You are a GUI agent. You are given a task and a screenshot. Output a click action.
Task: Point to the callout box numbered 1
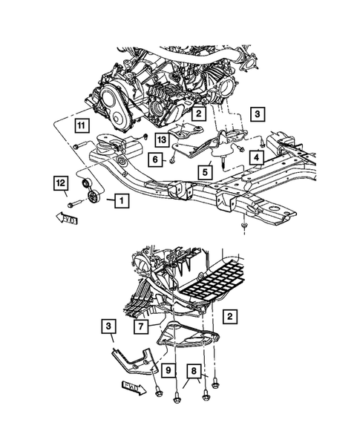click(120, 200)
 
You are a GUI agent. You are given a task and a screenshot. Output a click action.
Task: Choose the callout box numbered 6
click(156, 159)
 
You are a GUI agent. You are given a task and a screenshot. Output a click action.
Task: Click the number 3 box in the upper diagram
click(256, 114)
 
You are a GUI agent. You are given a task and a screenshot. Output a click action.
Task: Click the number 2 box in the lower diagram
click(232, 318)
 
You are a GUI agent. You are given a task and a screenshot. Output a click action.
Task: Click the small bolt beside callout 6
click(172, 157)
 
